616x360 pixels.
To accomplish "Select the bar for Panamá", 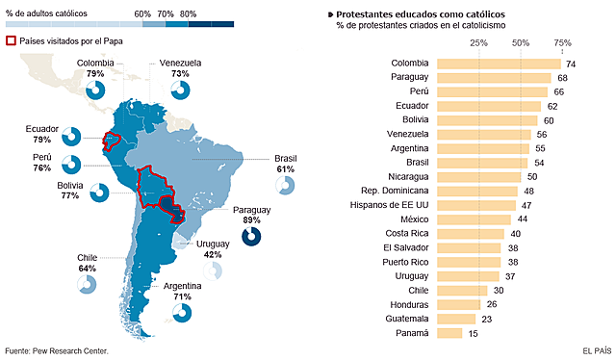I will coord(449,333).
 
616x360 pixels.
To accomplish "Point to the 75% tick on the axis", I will coord(563,43).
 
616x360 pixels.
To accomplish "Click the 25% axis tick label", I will coord(478,43).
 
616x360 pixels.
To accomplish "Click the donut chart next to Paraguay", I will coord(251,237).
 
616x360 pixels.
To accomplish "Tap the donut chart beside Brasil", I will coord(284,184).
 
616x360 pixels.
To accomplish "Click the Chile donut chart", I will coord(88,283).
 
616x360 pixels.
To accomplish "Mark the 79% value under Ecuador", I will coord(41,140).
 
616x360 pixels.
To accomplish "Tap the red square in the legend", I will coord(12,41).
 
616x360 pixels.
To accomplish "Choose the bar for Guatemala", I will coord(458,319).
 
